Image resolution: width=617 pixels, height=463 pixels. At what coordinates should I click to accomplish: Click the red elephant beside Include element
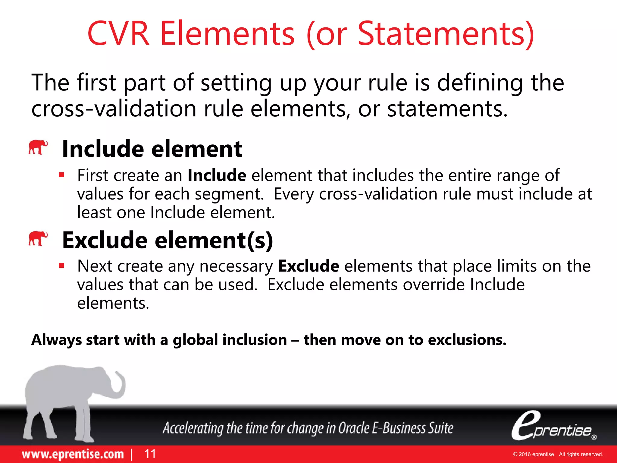(38, 147)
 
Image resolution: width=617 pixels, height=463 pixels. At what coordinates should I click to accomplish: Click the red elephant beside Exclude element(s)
(38, 238)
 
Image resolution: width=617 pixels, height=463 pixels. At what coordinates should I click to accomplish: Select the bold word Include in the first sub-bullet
(217, 175)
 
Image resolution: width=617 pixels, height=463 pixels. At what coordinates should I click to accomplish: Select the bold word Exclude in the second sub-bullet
(308, 266)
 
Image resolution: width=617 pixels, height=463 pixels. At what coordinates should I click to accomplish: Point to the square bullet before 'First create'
(62, 175)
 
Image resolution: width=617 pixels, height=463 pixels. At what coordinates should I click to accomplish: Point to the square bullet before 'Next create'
(62, 266)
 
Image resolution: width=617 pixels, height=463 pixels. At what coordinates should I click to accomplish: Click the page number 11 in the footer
(150, 454)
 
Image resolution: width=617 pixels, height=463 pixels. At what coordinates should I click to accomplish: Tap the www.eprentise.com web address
(73, 454)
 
